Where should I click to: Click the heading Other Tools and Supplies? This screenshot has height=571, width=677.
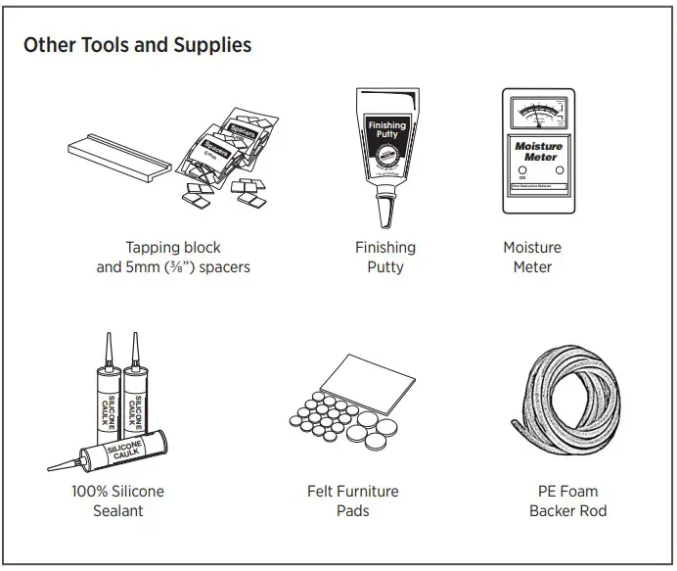(137, 45)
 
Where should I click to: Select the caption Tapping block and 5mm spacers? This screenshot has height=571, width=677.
(173, 258)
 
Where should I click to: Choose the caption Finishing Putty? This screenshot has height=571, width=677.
(384, 258)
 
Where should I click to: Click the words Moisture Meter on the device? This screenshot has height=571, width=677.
(538, 151)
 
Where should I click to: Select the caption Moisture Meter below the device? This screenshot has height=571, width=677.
(532, 258)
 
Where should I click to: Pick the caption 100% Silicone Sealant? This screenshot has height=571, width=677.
(117, 500)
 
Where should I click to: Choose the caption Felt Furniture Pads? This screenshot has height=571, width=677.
(353, 500)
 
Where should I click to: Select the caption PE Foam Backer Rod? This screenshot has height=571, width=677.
(567, 500)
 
